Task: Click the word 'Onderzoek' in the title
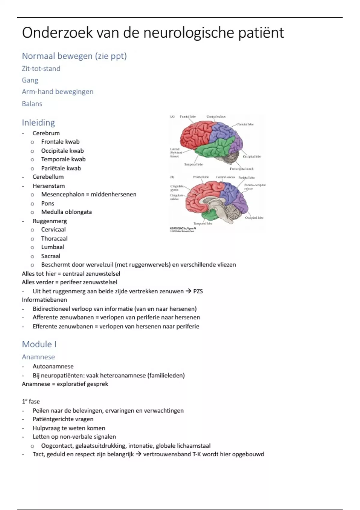click(57, 33)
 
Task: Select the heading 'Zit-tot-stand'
click(41, 69)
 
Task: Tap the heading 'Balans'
click(32, 104)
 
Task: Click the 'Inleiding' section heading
click(38, 122)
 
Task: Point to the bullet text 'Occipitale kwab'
click(62, 151)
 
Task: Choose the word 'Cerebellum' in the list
click(48, 177)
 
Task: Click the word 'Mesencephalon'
click(63, 194)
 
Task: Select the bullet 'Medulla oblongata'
click(66, 212)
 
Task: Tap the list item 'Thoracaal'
click(54, 238)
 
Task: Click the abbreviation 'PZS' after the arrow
click(198, 291)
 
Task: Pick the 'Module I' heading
click(39, 344)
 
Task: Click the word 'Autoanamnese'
click(53, 366)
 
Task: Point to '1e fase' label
click(31, 401)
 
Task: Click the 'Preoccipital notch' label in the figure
click(242, 169)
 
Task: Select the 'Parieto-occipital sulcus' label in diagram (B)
click(255, 187)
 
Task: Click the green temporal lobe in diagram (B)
click(210, 214)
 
